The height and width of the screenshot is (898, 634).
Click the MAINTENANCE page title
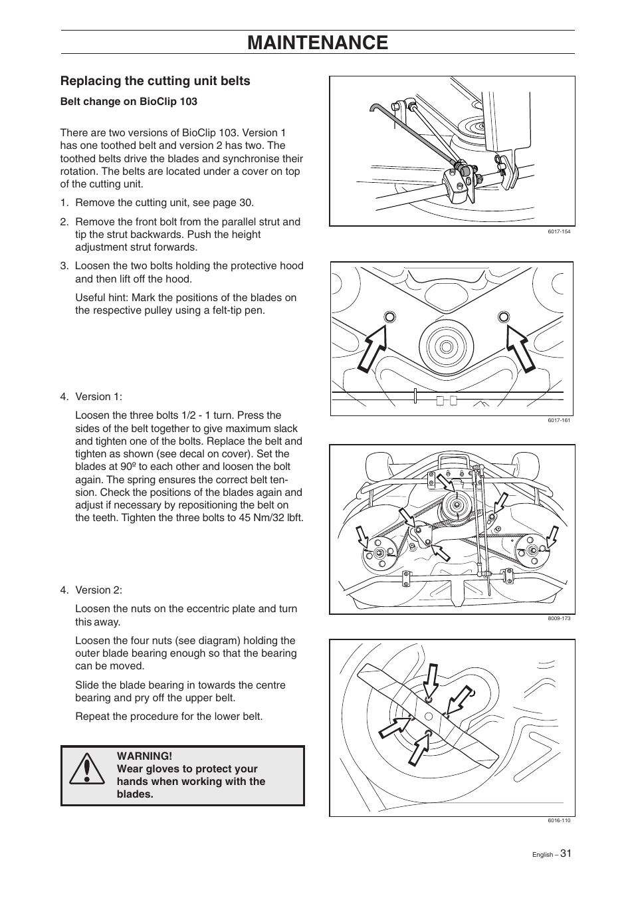click(x=317, y=43)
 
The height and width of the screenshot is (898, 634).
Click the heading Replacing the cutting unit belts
click(x=156, y=81)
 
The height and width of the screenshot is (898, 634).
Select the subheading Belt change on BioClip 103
click(x=129, y=102)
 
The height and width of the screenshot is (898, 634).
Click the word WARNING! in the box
click(x=144, y=756)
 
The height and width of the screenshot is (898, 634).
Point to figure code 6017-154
click(x=559, y=231)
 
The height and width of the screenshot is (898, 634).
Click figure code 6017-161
click(x=559, y=420)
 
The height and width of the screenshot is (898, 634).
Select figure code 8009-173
click(x=559, y=618)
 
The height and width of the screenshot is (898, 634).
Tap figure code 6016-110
click(x=559, y=820)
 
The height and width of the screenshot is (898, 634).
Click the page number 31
click(x=565, y=853)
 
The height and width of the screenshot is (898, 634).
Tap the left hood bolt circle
click(x=389, y=316)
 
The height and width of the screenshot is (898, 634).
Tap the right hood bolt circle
click(x=504, y=316)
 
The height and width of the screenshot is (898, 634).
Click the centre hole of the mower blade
click(x=429, y=716)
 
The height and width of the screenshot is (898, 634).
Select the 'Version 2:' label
click(x=98, y=590)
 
